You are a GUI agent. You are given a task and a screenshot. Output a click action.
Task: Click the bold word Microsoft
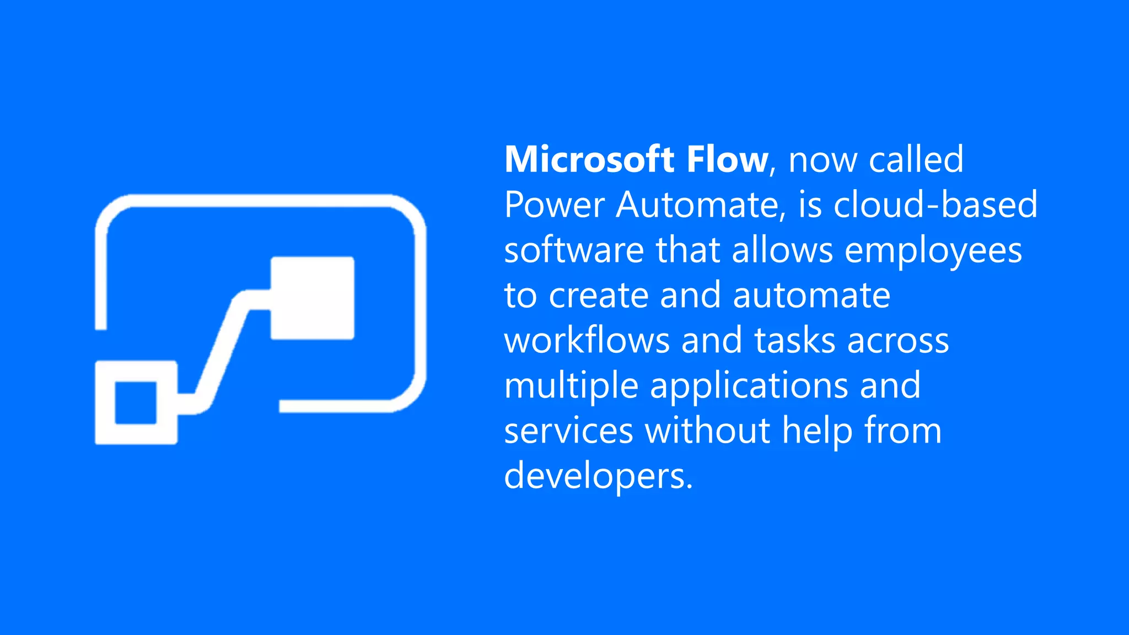589,159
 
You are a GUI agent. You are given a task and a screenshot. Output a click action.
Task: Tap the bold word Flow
727,159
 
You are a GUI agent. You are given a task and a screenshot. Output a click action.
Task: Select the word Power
554,205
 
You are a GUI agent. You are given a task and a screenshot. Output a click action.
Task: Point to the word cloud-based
935,205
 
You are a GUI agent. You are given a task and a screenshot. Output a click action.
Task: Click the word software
574,250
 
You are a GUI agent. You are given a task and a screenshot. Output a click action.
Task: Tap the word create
598,295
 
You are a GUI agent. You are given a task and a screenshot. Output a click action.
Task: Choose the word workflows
587,340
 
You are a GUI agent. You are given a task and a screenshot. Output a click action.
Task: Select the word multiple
571,386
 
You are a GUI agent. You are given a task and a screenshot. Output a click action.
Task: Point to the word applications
749,386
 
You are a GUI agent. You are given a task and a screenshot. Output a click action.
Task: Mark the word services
568,430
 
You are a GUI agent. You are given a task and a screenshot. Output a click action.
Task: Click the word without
707,430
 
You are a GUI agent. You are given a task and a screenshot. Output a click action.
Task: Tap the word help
817,430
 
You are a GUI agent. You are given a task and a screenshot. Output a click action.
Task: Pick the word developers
598,476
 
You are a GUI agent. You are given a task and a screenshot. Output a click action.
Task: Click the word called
916,159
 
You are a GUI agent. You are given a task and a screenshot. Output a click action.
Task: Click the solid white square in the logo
312,298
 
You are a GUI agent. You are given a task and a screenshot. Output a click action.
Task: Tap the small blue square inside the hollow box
136,403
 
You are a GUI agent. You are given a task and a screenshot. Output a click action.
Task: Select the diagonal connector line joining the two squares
221,353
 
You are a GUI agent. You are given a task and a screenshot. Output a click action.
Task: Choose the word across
898,340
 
